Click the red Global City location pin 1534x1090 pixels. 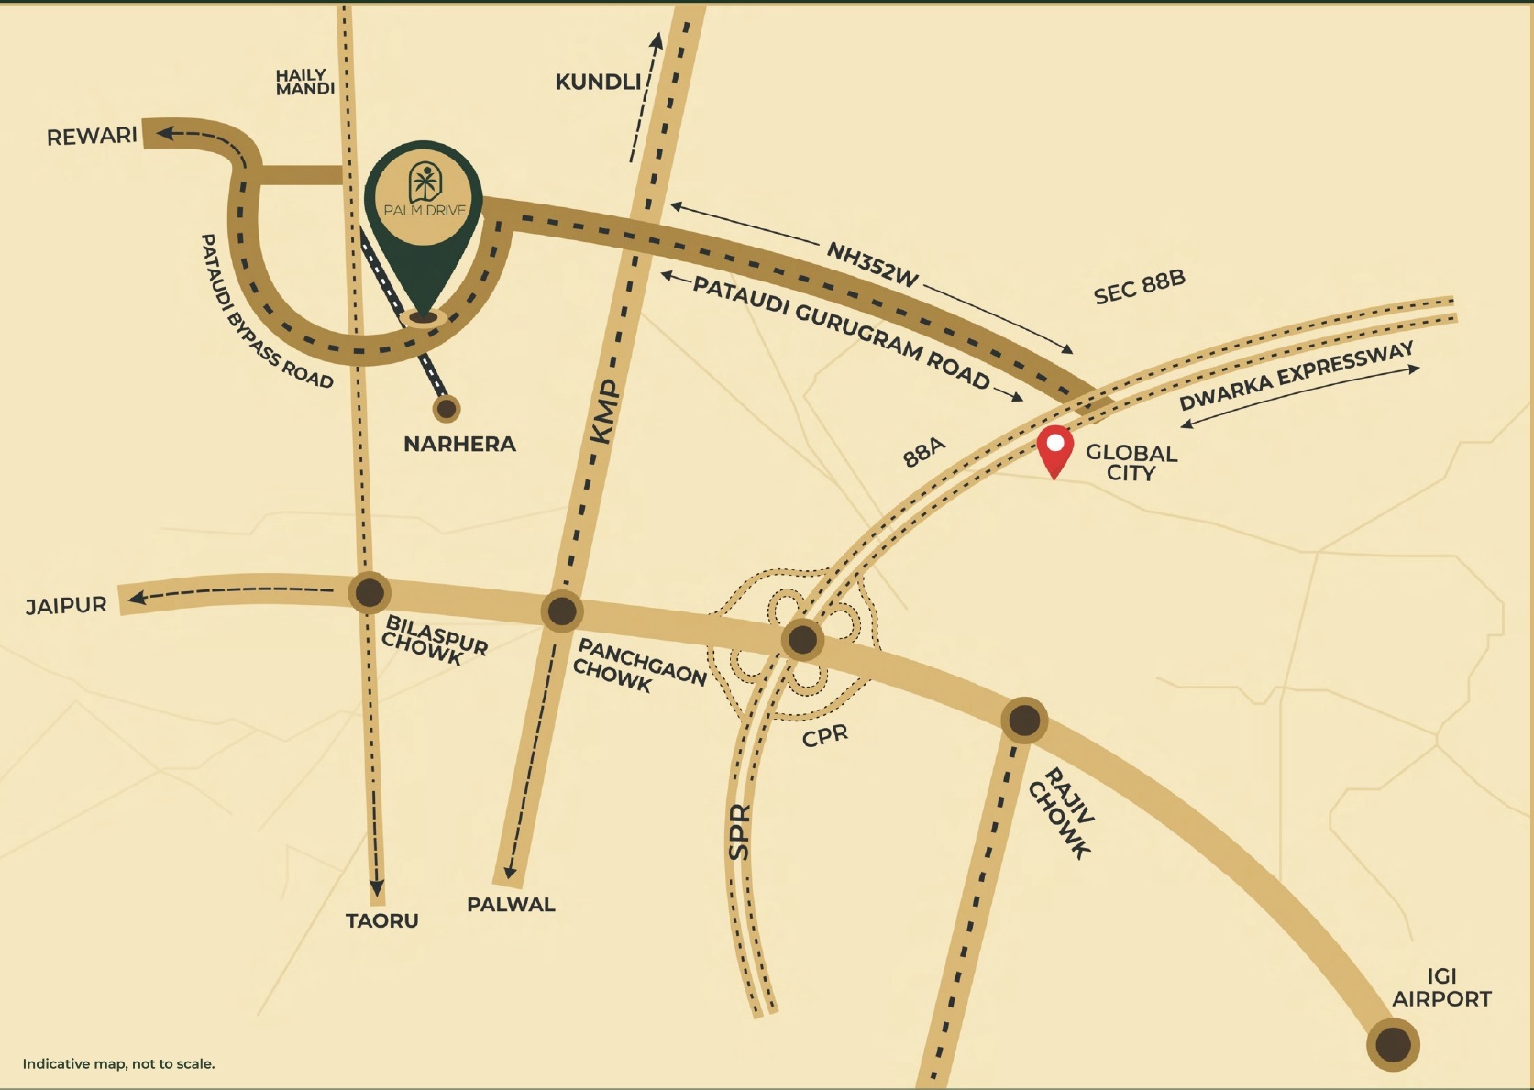(1055, 447)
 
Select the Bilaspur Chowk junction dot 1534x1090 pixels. (370, 592)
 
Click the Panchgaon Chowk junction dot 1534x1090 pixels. (561, 611)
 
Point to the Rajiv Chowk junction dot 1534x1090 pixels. (1023, 721)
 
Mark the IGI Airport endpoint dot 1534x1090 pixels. (1393, 1044)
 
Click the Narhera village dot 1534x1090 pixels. (447, 408)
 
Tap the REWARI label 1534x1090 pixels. (92, 137)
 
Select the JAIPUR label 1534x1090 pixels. (66, 606)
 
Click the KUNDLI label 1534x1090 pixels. (598, 82)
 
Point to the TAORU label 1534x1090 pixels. (381, 920)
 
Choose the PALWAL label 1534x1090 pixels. (511, 905)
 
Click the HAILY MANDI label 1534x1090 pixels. (305, 82)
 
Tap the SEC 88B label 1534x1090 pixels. (1139, 287)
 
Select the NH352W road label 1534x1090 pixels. (872, 264)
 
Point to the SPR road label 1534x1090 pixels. (739, 831)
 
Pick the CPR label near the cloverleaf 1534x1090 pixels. (825, 735)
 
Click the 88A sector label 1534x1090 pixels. (923, 452)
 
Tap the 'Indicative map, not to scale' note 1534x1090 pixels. (118, 1064)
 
